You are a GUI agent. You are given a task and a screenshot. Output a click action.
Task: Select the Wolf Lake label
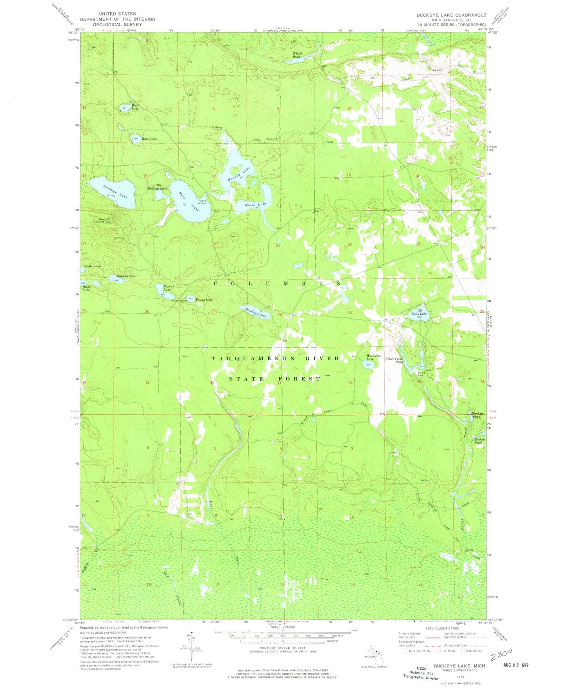135,107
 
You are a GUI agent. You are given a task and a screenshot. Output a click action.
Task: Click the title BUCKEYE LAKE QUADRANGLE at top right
445,15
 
